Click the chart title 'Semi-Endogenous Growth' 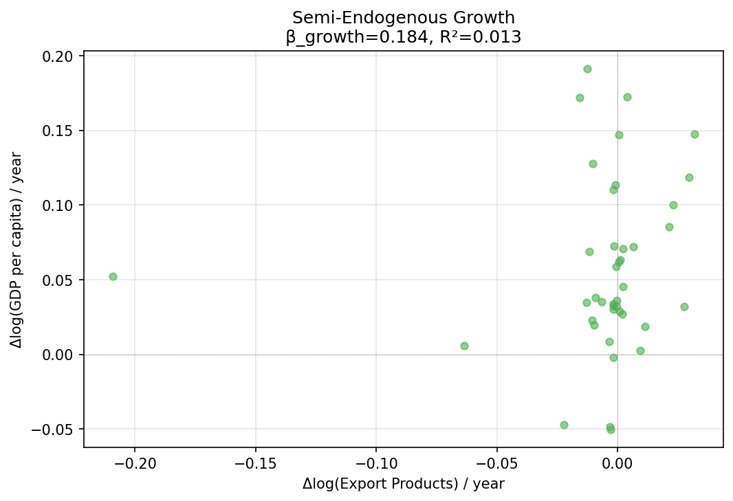click(x=403, y=18)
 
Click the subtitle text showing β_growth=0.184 click(x=403, y=37)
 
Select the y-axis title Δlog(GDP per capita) click(x=17, y=250)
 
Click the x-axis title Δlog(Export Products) click(x=403, y=484)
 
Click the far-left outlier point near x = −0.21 click(x=113, y=276)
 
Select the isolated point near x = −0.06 click(x=464, y=346)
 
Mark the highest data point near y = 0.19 click(x=587, y=69)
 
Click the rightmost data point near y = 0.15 click(x=694, y=134)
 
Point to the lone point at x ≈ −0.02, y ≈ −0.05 click(x=564, y=425)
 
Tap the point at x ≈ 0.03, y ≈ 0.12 click(x=689, y=177)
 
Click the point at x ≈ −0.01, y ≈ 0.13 click(x=593, y=164)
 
